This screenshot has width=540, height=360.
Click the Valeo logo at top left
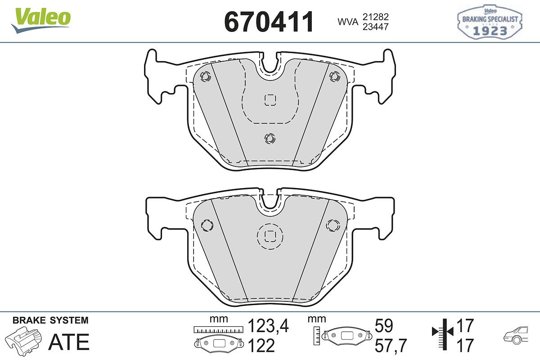pos(41,20)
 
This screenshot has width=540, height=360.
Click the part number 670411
pos(269,22)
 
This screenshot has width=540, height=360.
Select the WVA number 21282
pos(376,17)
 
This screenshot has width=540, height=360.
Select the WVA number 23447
pos(376,27)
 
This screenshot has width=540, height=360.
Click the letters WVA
pos(348,22)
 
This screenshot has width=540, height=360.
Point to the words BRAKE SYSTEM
pos(50,320)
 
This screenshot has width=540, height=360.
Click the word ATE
pos(69,342)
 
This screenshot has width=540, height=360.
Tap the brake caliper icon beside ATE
pos(23,340)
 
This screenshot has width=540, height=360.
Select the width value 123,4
pos(268,326)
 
